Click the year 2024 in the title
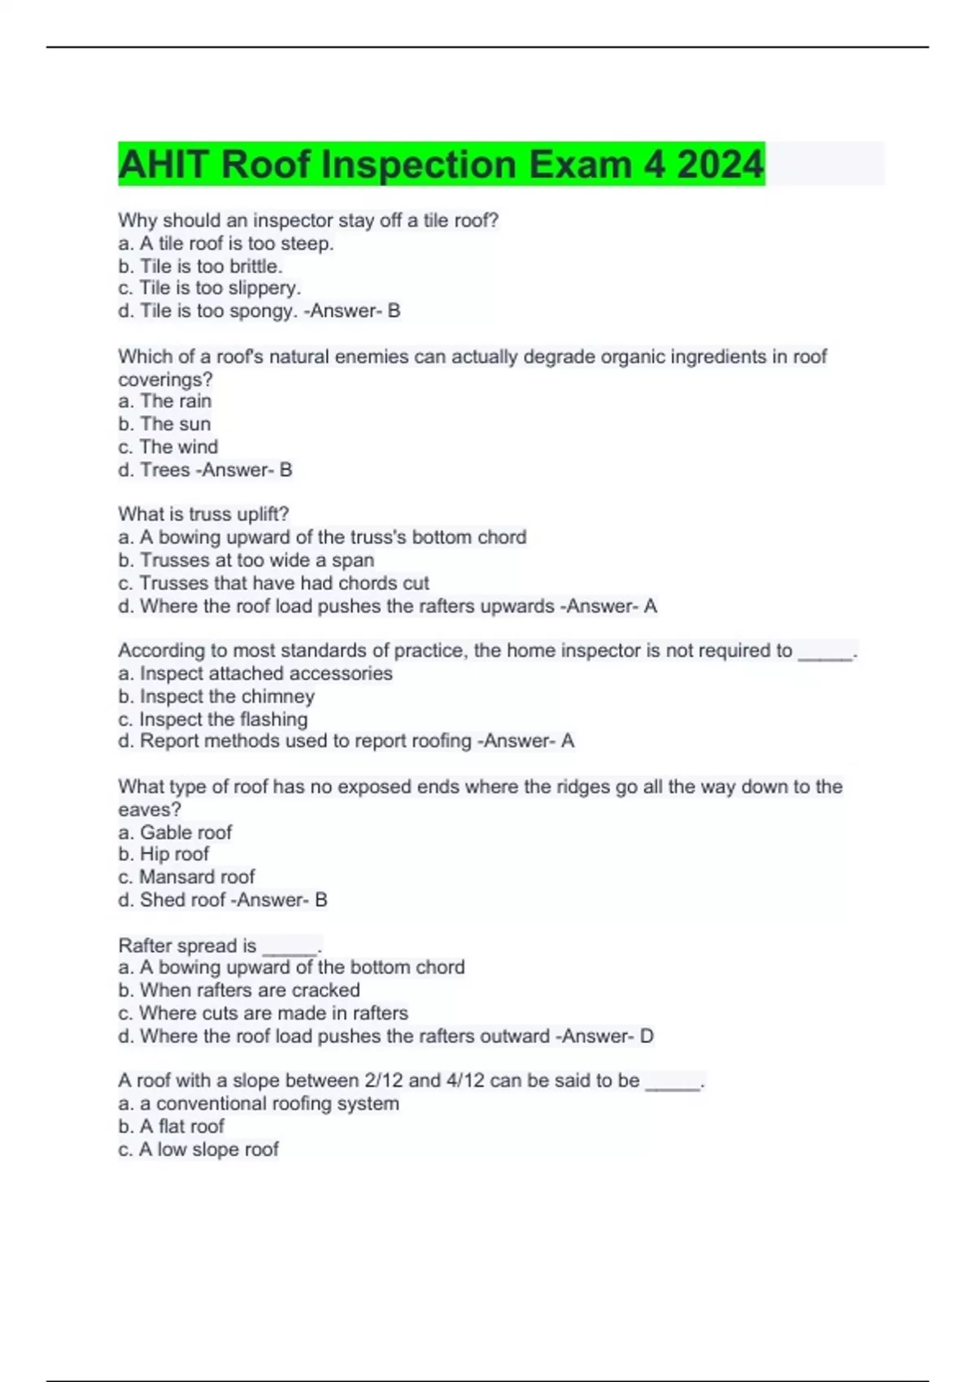pyautogui.click(x=721, y=164)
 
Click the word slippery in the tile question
pyautogui.click(x=265, y=288)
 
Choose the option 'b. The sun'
pyautogui.click(x=164, y=424)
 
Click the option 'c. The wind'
pyautogui.click(x=168, y=446)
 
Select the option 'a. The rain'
pyautogui.click(x=164, y=401)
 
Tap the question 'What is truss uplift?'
pyautogui.click(x=203, y=514)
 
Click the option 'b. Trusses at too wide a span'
pyautogui.click(x=246, y=560)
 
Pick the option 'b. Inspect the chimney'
pyautogui.click(x=216, y=696)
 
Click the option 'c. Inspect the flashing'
pyautogui.click(x=213, y=719)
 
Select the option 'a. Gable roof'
pyautogui.click(x=175, y=832)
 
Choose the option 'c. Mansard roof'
pyautogui.click(x=186, y=876)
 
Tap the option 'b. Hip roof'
pyautogui.click(x=163, y=854)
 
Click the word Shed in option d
pyautogui.click(x=159, y=899)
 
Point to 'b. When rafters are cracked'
pyautogui.click(x=239, y=989)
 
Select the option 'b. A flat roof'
pyautogui.click(x=171, y=1126)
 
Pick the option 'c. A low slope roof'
pyautogui.click(x=198, y=1149)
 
